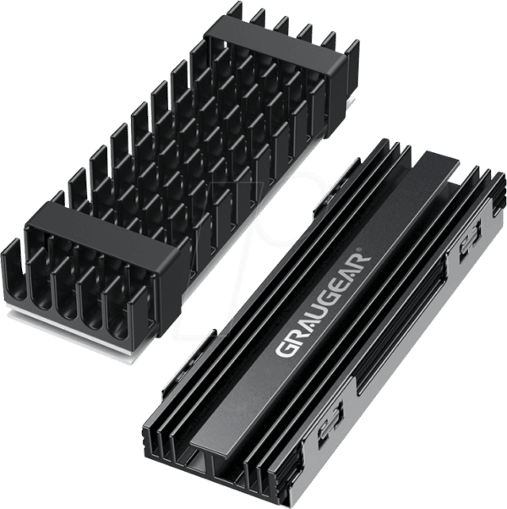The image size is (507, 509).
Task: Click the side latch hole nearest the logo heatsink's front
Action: point(330,429)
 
